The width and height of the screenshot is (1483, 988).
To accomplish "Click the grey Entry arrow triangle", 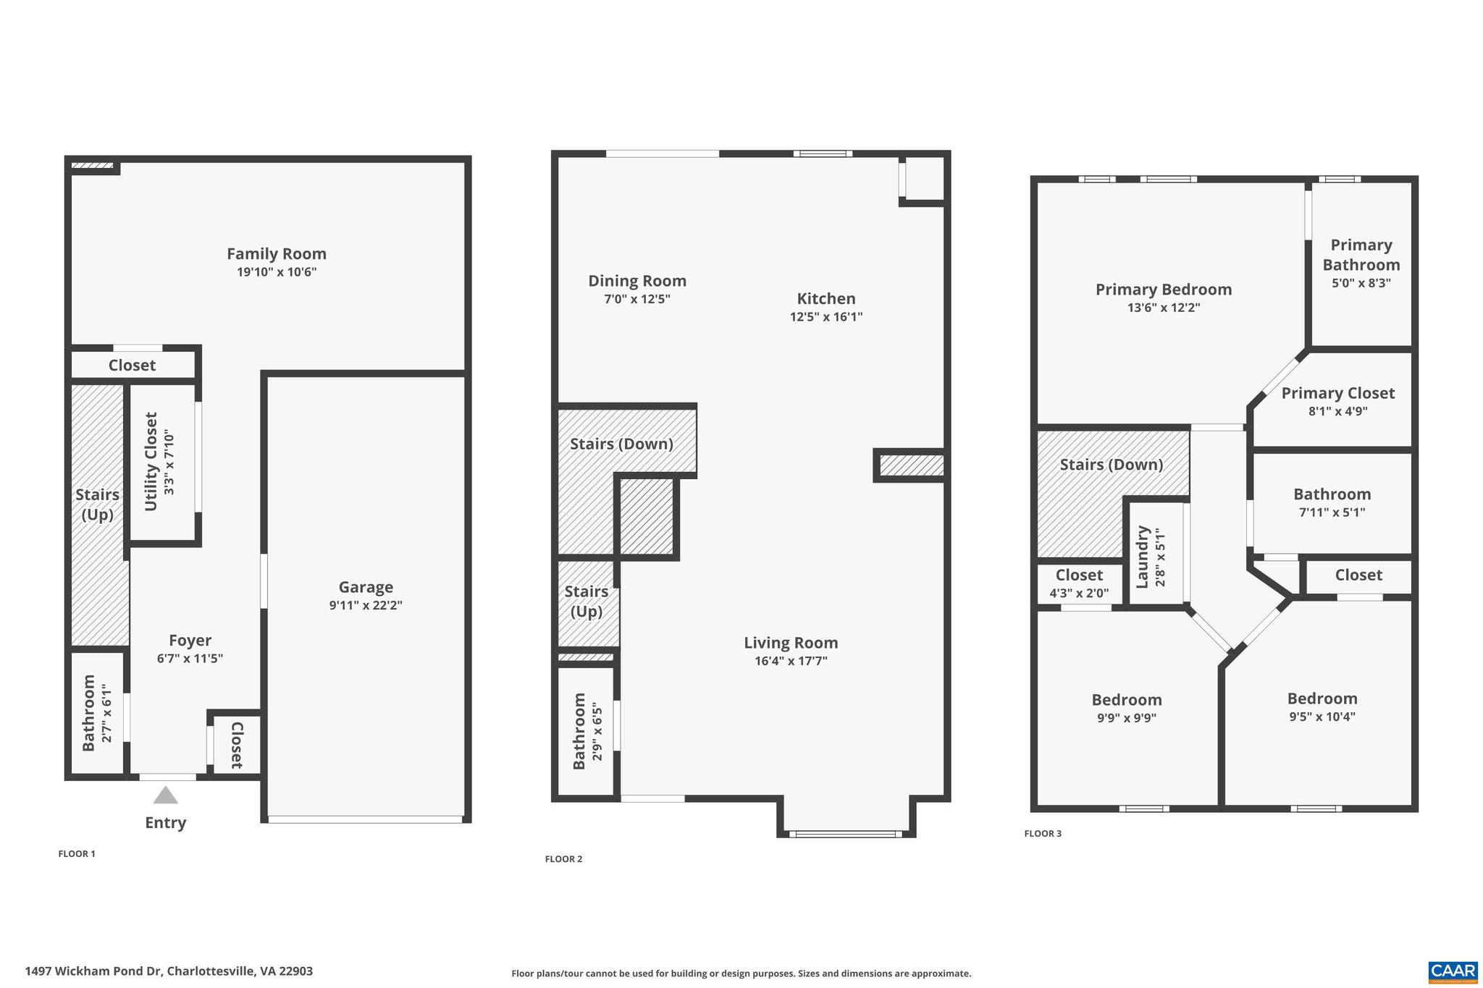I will (165, 795).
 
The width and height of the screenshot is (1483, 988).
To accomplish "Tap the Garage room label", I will (366, 587).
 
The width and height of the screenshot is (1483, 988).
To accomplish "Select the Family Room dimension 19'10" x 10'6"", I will (277, 272).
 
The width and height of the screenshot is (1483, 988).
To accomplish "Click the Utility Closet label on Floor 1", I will (151, 461).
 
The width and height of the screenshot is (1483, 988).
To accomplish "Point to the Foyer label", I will (190, 641).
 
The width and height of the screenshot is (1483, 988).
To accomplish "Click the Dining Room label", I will (637, 281).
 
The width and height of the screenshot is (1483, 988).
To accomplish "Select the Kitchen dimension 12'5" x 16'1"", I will (825, 317).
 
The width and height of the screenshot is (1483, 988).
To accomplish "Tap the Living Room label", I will (791, 643).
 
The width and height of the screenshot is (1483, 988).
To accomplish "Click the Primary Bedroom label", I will (1163, 290).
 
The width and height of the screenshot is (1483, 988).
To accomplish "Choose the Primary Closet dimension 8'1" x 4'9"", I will (1337, 411).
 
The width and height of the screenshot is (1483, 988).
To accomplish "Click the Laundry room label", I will (1143, 556).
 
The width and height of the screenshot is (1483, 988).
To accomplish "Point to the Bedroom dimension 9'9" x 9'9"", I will (1126, 718).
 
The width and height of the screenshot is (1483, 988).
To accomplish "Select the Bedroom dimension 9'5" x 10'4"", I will (1322, 717).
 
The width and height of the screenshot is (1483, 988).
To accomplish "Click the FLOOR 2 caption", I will (563, 859).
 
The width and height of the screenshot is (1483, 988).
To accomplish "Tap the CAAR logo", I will (1452, 971).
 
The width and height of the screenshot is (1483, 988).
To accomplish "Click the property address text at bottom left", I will (169, 971).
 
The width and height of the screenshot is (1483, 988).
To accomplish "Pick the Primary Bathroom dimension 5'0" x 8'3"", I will (1361, 283).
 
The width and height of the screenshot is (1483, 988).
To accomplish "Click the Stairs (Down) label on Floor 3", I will (1111, 465).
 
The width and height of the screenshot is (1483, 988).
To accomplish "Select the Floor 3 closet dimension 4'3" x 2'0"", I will (1079, 594).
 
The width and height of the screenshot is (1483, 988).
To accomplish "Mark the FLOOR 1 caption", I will (77, 854).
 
